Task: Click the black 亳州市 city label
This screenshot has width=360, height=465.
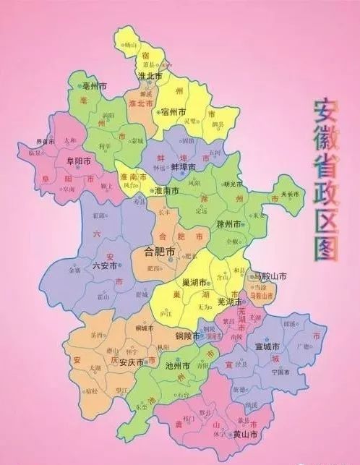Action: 95,85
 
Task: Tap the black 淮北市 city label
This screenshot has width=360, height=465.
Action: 150,74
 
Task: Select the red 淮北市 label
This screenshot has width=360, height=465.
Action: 140,104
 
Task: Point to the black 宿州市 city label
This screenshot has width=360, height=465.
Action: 174,112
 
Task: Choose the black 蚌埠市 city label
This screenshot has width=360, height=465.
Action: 183,166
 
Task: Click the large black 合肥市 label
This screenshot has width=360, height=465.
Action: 160,252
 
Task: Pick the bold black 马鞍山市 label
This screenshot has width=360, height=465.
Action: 269,276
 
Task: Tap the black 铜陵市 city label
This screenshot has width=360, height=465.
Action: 190,336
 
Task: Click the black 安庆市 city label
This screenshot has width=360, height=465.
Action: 132,362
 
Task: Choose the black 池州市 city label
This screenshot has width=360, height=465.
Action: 176,367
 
